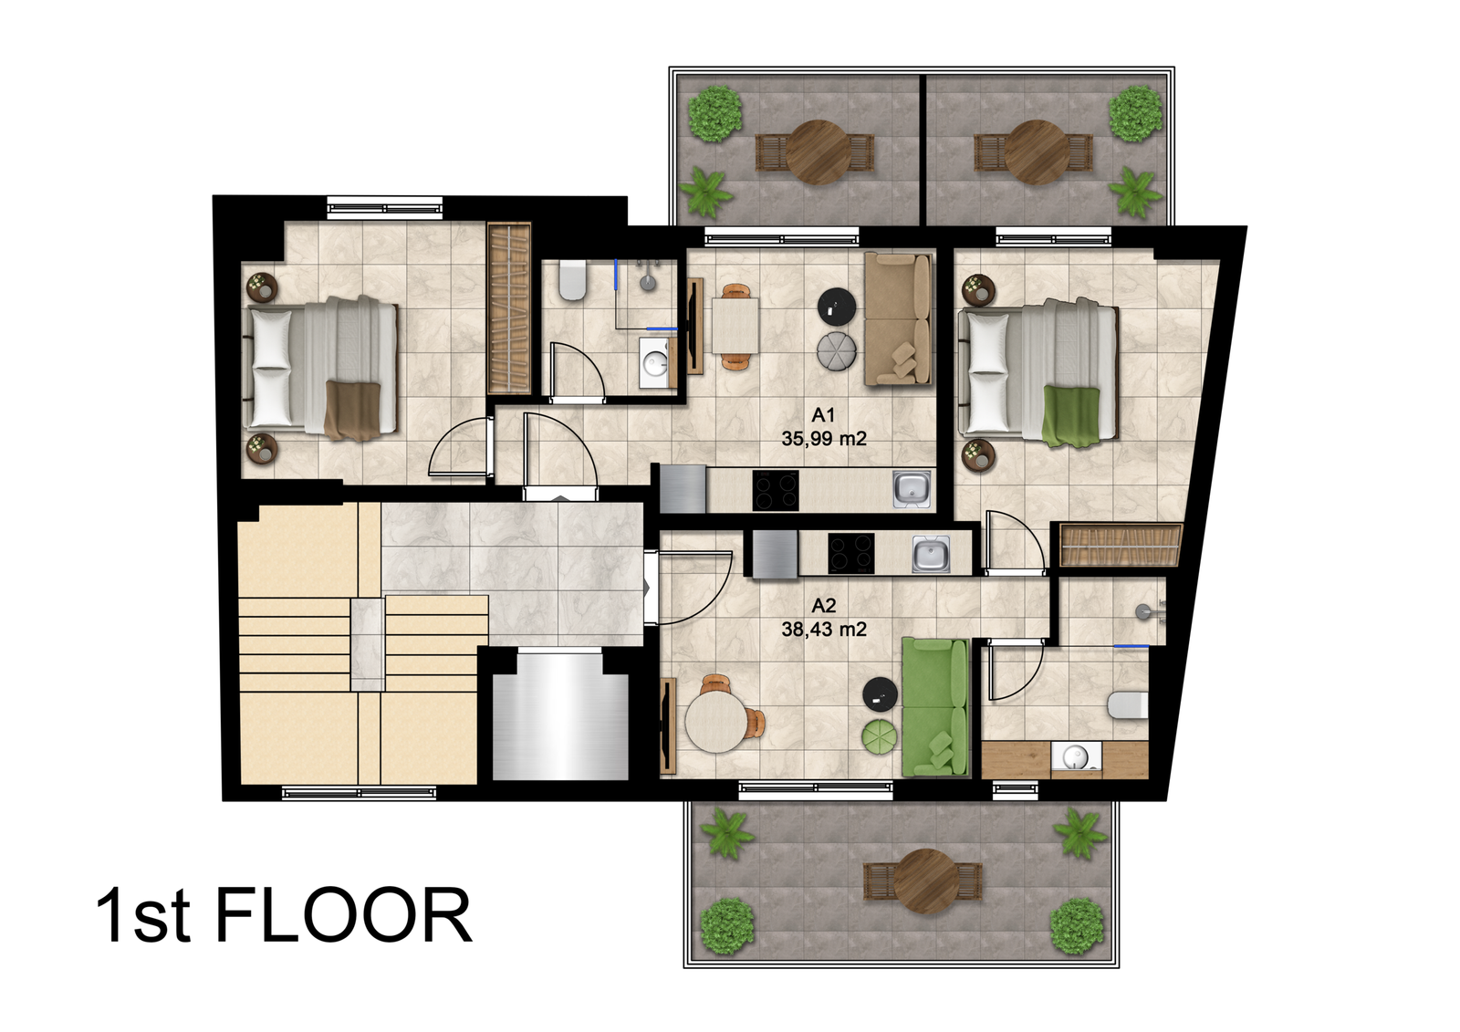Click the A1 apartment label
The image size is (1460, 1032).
click(x=823, y=414)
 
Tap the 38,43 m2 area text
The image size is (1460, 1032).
click(x=824, y=630)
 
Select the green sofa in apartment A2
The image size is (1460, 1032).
click(x=934, y=707)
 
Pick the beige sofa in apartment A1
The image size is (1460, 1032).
click(x=898, y=318)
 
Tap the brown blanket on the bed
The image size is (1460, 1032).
click(x=352, y=410)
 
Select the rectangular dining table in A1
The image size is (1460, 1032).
click(x=735, y=326)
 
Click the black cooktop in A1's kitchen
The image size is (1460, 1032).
click(x=776, y=490)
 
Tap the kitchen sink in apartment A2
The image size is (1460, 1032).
click(x=931, y=554)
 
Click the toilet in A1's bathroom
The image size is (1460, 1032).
click(x=572, y=280)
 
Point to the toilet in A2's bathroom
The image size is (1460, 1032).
click(x=1128, y=705)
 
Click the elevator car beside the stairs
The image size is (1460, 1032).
click(x=560, y=716)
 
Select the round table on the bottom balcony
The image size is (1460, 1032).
click(x=926, y=881)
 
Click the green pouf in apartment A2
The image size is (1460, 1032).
click(x=880, y=737)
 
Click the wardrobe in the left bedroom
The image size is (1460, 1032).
click(x=509, y=308)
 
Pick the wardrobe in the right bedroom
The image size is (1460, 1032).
click(x=1120, y=545)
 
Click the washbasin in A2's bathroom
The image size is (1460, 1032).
click(x=1076, y=758)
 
